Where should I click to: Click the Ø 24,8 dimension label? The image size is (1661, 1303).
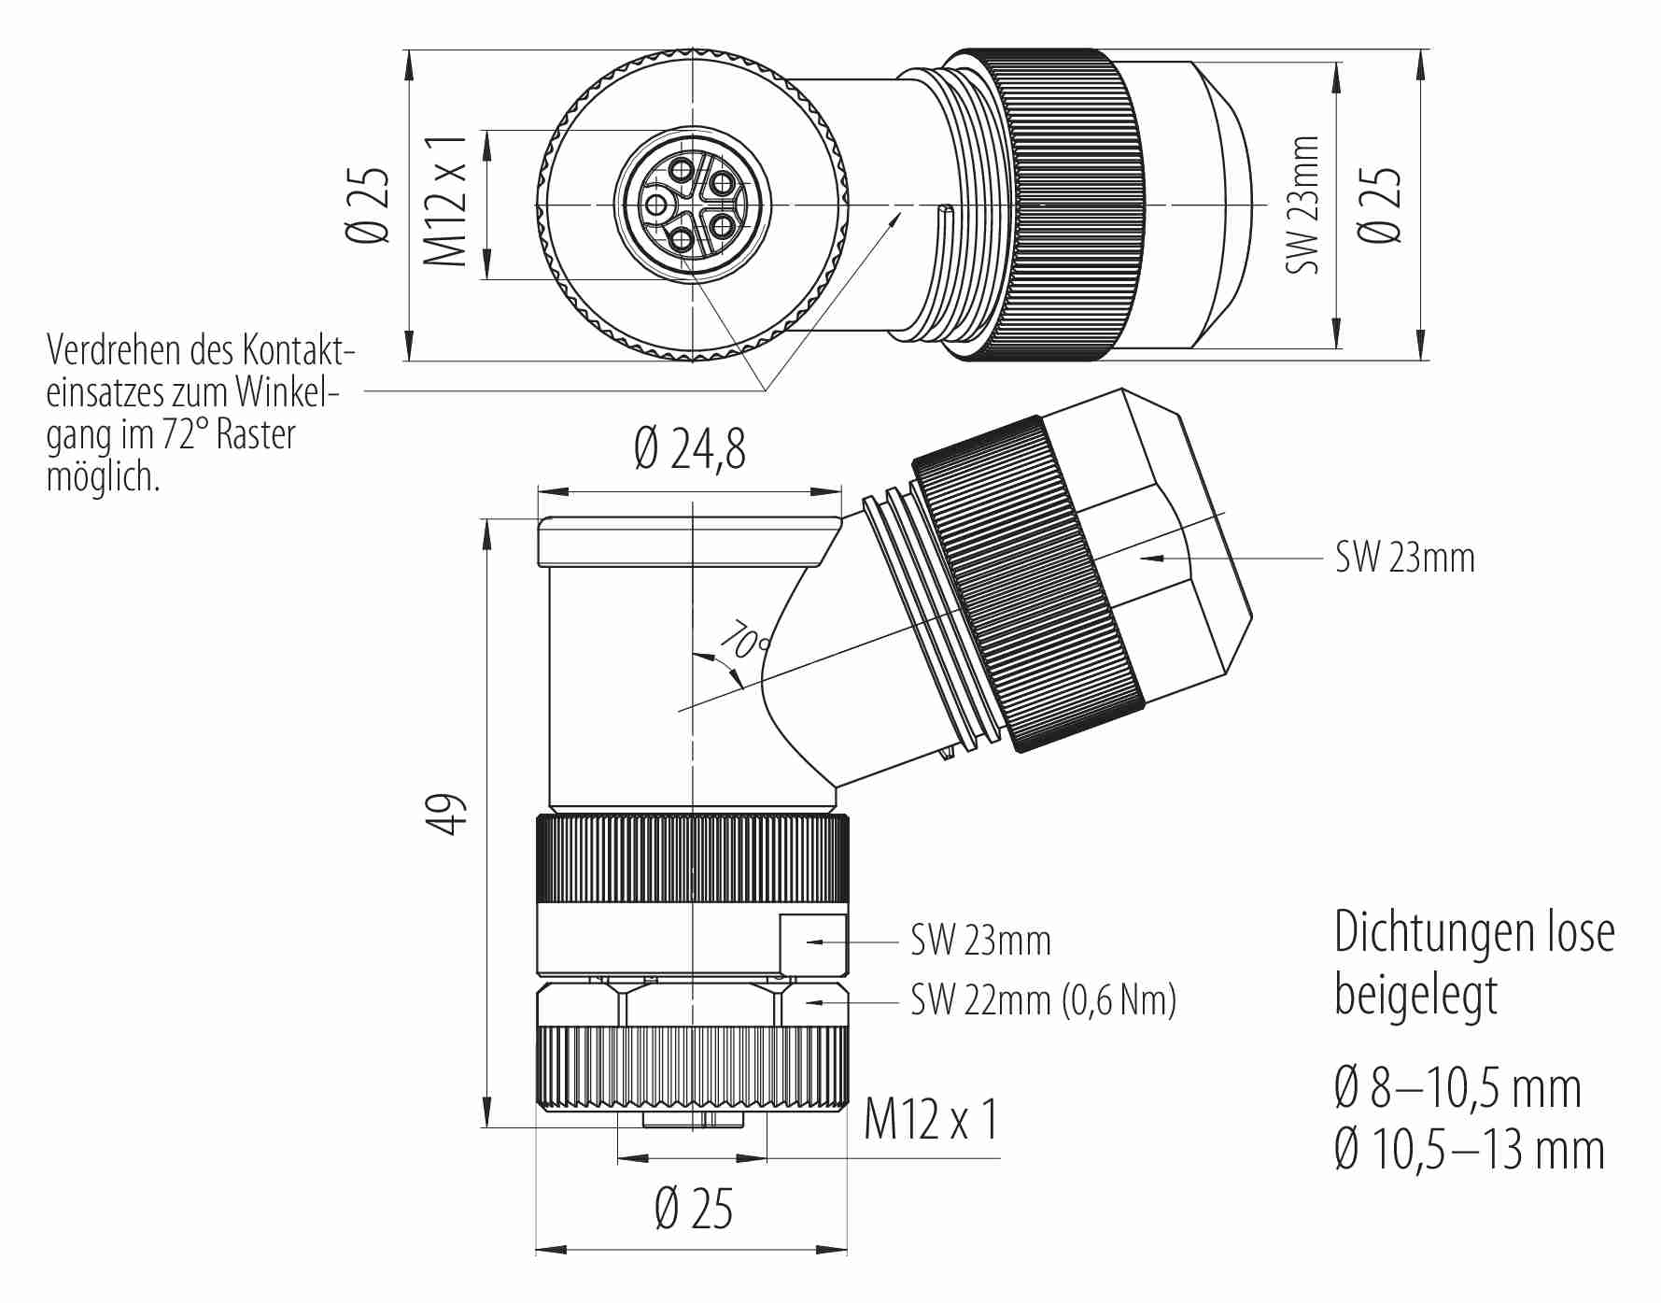690,448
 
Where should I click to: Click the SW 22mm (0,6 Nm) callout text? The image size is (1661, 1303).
1043,1000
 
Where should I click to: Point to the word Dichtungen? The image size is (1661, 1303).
1433,932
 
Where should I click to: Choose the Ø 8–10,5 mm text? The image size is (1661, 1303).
1457,1088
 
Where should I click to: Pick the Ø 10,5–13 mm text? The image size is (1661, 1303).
1469,1150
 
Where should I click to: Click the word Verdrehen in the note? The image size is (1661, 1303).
113,350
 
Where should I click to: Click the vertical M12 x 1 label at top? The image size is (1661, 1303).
445,201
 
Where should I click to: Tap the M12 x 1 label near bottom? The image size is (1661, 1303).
931,1119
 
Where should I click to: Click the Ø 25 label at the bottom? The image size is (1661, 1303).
694,1209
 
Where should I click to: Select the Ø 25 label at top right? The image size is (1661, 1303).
1380,205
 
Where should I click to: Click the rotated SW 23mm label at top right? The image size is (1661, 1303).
1303,205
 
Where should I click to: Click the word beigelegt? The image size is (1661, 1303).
1415,996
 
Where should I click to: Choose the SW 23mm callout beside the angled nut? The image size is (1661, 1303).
1404,558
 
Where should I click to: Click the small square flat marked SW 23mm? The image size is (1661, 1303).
813,943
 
